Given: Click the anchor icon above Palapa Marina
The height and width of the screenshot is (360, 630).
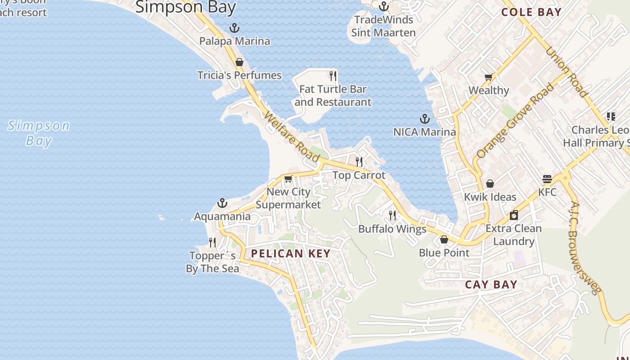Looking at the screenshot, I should (234, 28).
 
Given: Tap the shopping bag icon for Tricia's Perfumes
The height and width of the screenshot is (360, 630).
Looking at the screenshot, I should (239, 62).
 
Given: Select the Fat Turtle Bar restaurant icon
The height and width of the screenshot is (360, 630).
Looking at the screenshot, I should (333, 76).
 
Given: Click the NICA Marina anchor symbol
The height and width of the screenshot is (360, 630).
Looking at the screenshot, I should (424, 119).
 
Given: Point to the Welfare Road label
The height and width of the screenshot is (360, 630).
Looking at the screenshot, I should (292, 137).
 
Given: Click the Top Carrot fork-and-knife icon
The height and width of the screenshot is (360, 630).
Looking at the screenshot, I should (359, 162).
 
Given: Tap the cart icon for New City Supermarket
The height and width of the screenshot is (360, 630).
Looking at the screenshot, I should (288, 179).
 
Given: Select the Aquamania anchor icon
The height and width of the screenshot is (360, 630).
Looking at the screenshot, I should (222, 203).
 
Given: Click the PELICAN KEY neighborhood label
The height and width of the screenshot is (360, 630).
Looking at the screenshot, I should (291, 253).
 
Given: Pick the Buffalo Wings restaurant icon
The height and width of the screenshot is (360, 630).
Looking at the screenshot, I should (392, 216).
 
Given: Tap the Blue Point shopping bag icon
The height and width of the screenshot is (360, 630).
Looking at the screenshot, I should (444, 239).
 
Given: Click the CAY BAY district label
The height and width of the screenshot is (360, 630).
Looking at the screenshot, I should (491, 284).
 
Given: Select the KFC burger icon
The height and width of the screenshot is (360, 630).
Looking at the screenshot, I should (547, 179).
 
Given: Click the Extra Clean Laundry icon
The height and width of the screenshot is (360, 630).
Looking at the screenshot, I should (514, 215).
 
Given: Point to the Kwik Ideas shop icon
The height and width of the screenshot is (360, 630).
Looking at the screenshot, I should (490, 184).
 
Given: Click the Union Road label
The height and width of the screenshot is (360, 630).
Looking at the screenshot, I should (567, 72).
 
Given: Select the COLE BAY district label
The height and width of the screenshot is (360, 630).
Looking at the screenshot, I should (531, 12).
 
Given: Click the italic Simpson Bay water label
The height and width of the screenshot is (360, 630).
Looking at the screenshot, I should (39, 133).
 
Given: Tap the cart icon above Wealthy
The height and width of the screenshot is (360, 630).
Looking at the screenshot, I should (488, 77).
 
